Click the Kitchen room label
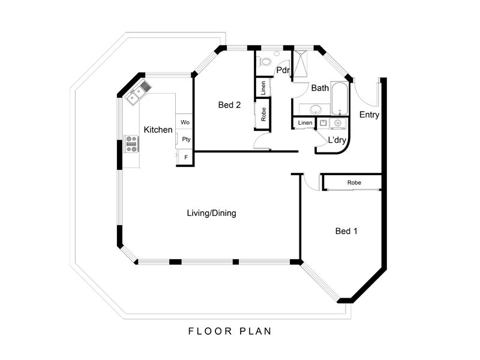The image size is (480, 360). pos(158,130)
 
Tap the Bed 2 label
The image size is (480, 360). pos(229,105)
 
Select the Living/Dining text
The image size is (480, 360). pos(212,213)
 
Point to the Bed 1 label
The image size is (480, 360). pos(346,231)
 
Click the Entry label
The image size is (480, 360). pos(369,115)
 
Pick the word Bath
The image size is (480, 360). pos(320,88)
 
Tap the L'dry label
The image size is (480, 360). pos(337,140)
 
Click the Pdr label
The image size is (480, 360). pos(283,70)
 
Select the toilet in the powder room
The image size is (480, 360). pos(265,62)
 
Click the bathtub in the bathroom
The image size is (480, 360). pos(340,98)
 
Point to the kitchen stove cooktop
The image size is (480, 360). pos(131,144)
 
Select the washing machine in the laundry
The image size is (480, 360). pos(338,124)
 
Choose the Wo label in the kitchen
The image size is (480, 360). pos(185,122)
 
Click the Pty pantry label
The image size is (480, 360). pos(186,139)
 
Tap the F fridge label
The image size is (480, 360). pos(186,158)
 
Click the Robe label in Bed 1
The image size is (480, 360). pos(354,183)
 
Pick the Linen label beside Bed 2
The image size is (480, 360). pos(263,88)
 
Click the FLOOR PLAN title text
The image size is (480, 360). pos(230,331)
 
